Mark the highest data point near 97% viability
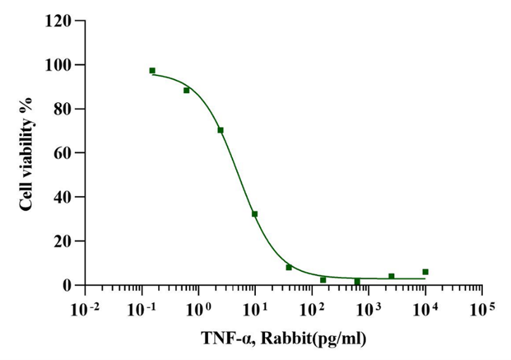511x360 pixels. (152, 71)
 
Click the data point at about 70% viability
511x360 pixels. (220, 130)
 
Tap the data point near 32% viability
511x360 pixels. (255, 214)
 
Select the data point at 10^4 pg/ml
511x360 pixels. (425, 271)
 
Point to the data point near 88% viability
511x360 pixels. (186, 90)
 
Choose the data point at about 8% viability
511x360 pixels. (288, 267)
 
